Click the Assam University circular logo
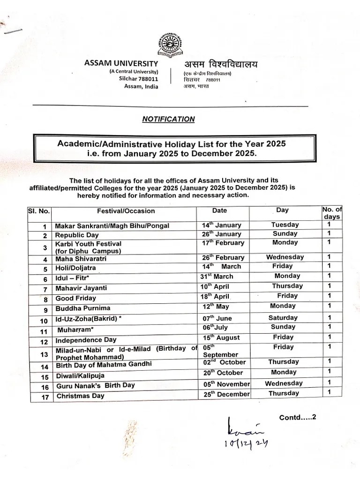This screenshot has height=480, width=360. [x=170, y=45]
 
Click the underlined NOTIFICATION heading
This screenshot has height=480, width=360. [x=168, y=119]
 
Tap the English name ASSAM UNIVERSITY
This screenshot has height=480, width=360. [x=121, y=63]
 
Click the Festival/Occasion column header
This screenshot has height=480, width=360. [x=126, y=211]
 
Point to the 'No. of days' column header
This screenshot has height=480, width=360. [x=332, y=213]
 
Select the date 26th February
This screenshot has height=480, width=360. [x=223, y=257]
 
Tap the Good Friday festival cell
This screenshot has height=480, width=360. [x=75, y=298]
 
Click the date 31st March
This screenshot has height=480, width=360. [x=217, y=276]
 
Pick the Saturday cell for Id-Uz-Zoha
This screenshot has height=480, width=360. [x=283, y=317]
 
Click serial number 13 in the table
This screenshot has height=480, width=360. [x=45, y=354]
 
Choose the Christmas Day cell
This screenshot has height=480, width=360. [x=80, y=396]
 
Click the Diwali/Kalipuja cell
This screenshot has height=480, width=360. [x=80, y=376]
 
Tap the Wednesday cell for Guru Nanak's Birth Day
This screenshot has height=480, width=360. [x=284, y=383]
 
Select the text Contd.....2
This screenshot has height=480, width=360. [x=298, y=417]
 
